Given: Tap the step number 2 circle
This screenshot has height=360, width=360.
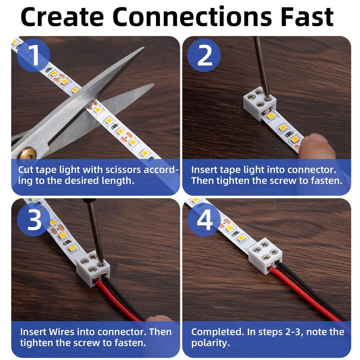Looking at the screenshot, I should click(204, 55).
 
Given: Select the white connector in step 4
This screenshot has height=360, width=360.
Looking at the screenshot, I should click(265, 255).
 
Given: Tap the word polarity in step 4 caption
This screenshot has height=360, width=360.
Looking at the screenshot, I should click(210, 343).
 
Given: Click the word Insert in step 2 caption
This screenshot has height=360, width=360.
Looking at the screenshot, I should click(204, 170).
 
